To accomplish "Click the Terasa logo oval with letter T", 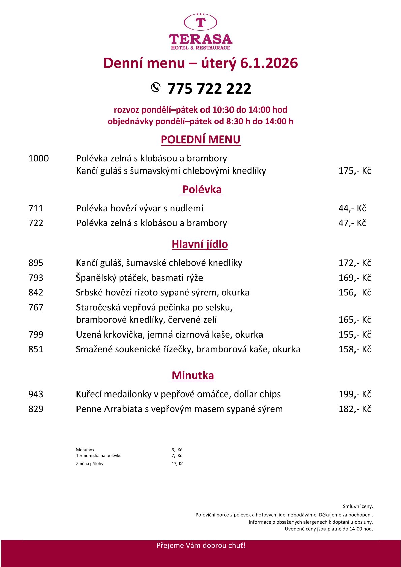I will [x=201, y=22].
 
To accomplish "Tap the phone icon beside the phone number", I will [x=155, y=87].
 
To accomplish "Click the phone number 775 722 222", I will [x=209, y=89].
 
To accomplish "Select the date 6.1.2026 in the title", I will [x=269, y=63].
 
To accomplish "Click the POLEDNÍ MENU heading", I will [x=201, y=139].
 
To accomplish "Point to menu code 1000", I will [x=38, y=158].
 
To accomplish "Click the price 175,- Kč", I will [x=354, y=171].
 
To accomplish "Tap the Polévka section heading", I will [x=202, y=189].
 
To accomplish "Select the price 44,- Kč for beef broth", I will [x=352, y=208].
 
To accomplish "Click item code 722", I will [x=36, y=223].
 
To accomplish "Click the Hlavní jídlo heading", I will [x=200, y=244].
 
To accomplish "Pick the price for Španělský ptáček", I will [x=354, y=278].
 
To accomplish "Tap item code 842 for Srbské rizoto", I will [x=36, y=292].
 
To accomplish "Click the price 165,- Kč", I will [x=354, y=320].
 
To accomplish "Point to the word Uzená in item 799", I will [x=87, y=335].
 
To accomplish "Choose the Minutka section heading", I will [x=193, y=375].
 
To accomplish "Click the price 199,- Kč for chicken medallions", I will [x=354, y=394].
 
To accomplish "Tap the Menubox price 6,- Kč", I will [x=177, y=450].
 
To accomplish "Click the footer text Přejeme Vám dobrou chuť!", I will [x=201, y=545].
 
